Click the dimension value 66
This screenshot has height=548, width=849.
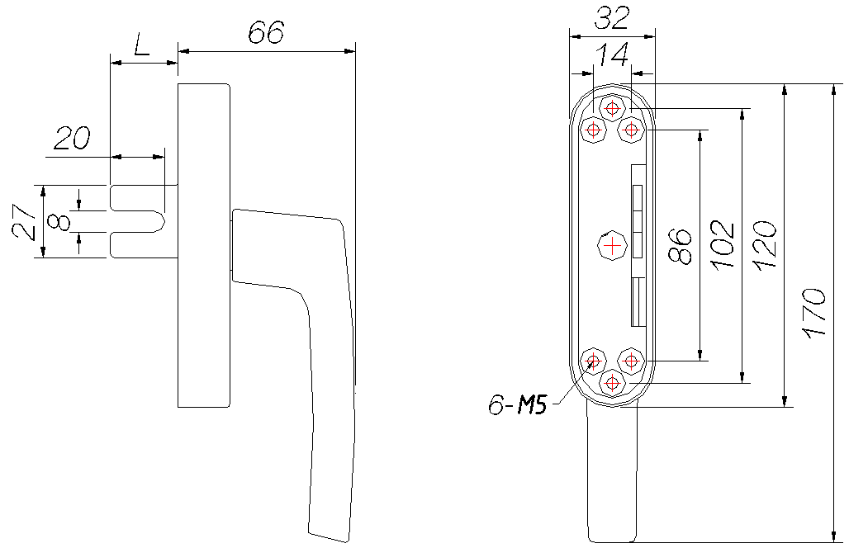coord(266,32)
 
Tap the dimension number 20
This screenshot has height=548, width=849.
coord(73,139)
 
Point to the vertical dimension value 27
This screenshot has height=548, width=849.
coord(26,222)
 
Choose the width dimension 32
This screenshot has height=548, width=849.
coord(612,18)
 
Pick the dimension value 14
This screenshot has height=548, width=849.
coord(612,54)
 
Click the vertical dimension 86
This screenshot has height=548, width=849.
coord(681,247)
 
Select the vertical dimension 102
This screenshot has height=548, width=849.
coord(723,244)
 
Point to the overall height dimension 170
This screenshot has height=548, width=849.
coord(815,314)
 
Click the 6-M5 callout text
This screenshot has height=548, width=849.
coord(518,404)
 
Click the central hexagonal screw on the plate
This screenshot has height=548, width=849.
coord(612,246)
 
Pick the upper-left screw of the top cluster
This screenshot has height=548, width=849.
coord(594,130)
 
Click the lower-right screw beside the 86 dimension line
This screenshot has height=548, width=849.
coord(631,361)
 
